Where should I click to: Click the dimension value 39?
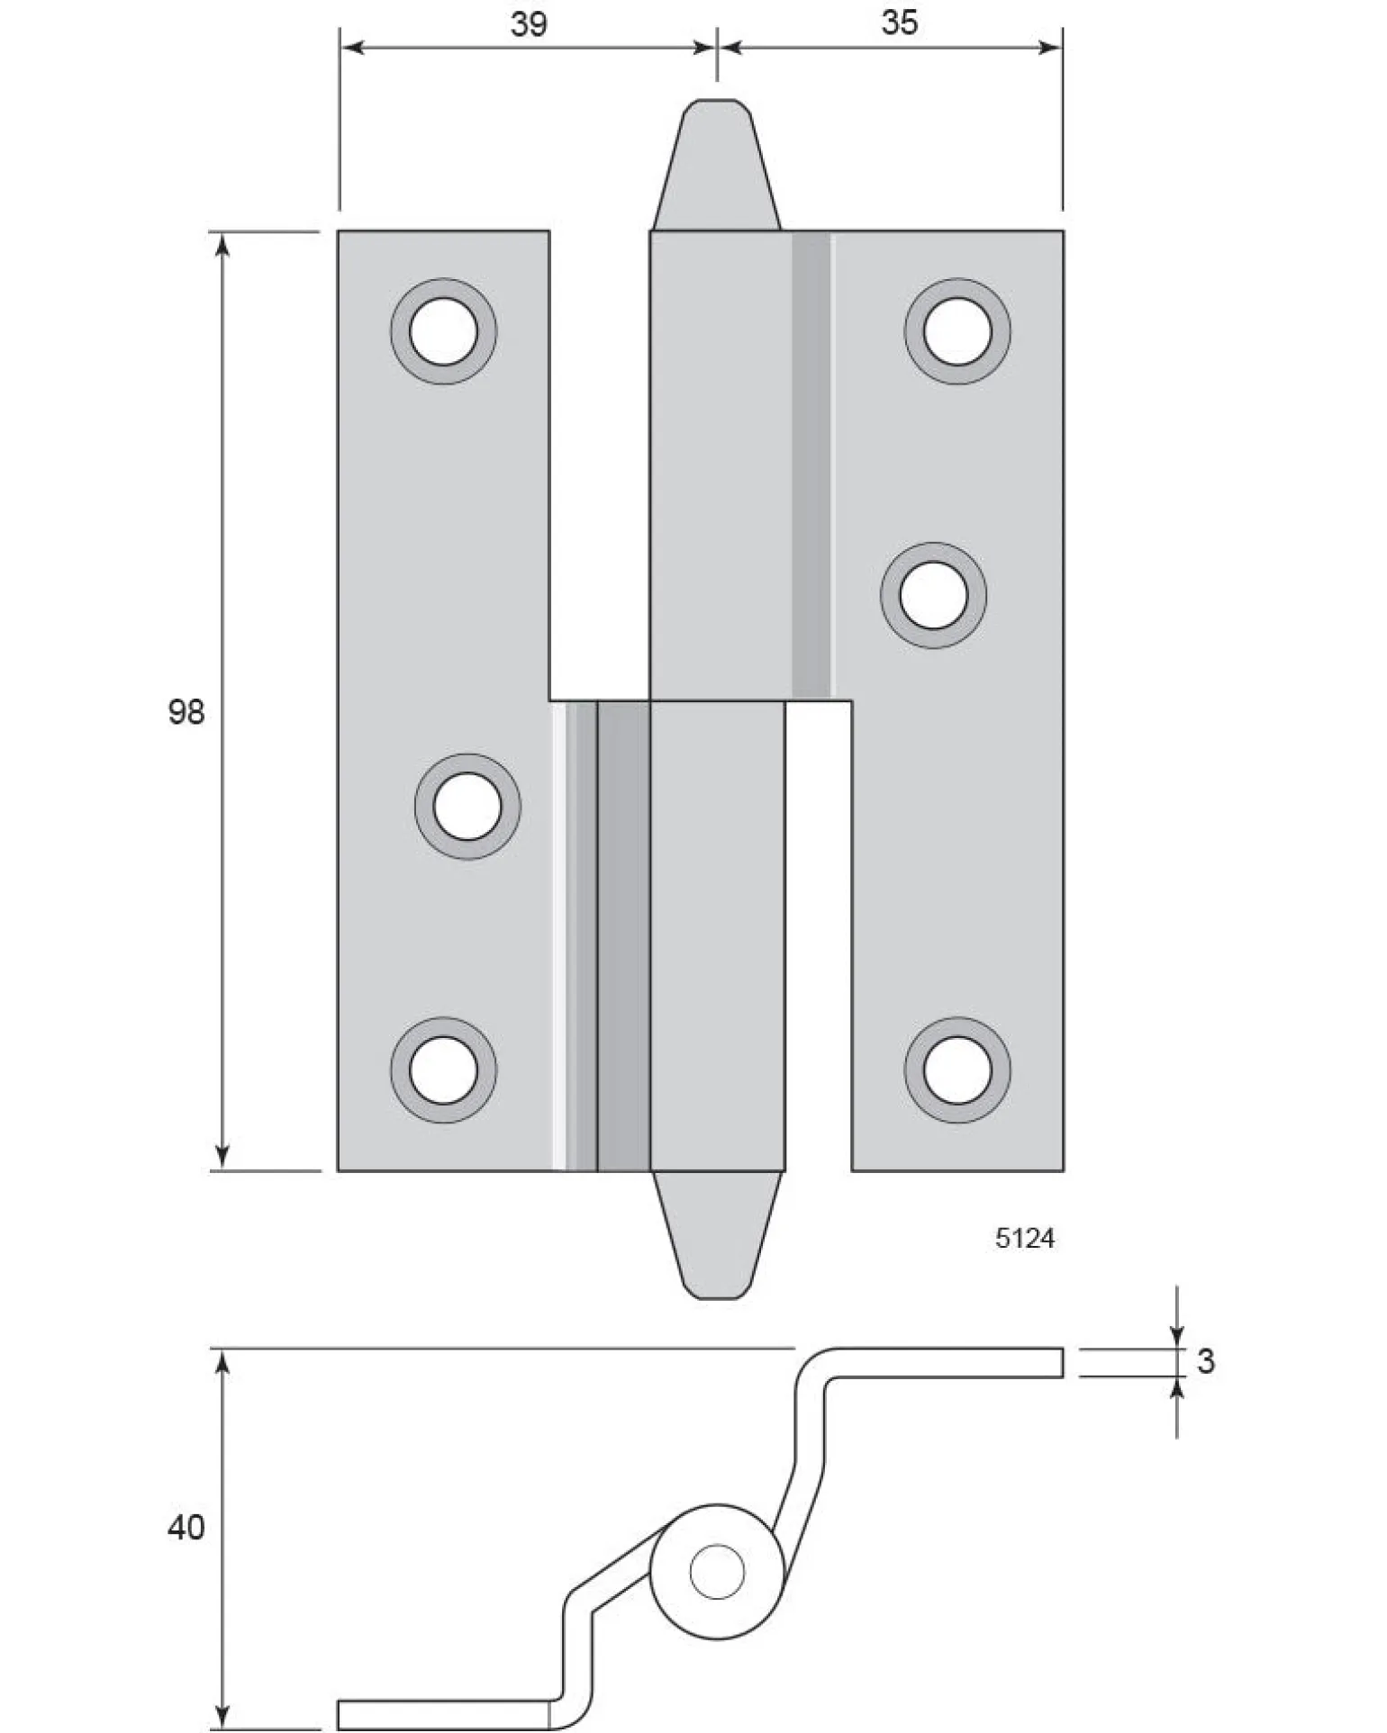(x=528, y=23)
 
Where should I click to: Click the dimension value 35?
(x=899, y=23)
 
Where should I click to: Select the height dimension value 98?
(x=186, y=712)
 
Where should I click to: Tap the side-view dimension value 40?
(x=186, y=1527)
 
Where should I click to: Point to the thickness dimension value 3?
(x=1206, y=1360)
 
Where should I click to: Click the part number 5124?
(x=1024, y=1239)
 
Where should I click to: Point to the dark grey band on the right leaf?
(x=811, y=465)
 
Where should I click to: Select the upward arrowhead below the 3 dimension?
(x=1176, y=1390)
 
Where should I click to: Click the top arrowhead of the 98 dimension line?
(x=223, y=244)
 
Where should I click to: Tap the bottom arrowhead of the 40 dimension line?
(x=223, y=1716)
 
